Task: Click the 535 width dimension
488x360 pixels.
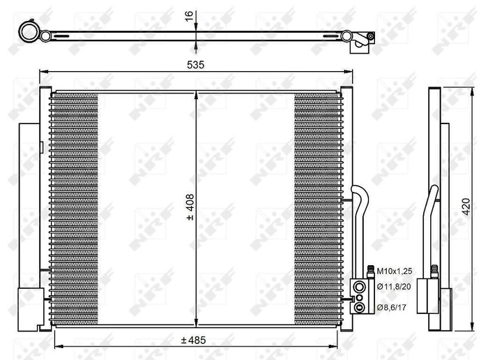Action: [195, 64]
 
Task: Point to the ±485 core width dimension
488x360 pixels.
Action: [195, 340]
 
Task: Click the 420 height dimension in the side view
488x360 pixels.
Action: [468, 207]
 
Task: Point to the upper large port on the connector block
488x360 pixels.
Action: [358, 284]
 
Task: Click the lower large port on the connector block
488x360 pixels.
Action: [358, 303]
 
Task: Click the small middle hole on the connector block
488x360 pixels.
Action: [358, 294]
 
